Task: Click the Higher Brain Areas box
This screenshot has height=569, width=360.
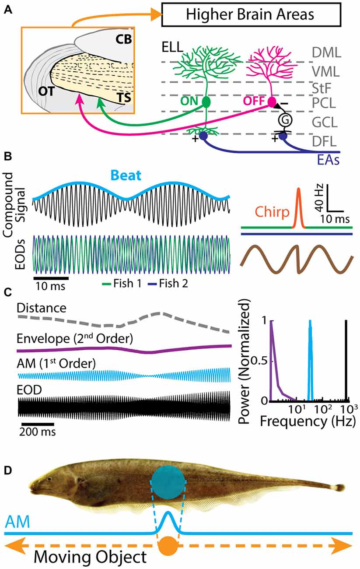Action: coord(251,14)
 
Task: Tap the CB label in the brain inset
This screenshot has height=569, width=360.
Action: coord(124,40)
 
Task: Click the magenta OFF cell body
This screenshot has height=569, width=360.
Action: coord(272,102)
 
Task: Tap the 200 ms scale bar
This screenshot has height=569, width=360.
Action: coord(36,424)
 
